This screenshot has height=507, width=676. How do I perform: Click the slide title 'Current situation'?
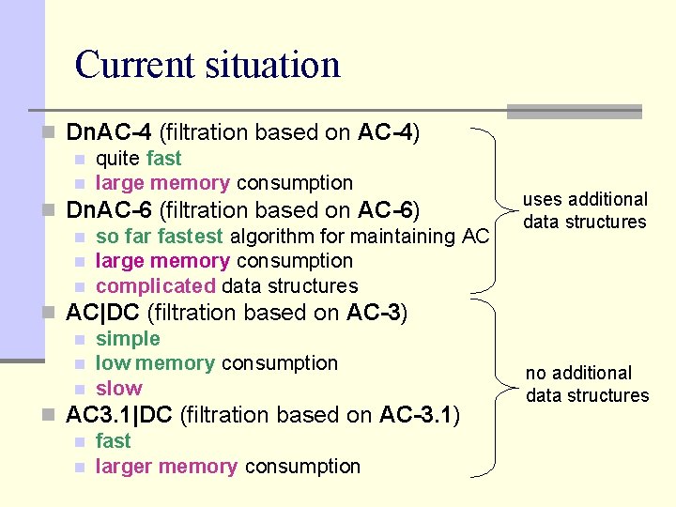tap(207, 65)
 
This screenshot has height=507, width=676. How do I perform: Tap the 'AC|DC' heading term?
tap(104, 313)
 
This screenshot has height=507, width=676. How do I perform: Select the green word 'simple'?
tap(128, 338)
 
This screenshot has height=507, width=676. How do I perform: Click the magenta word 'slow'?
tap(119, 388)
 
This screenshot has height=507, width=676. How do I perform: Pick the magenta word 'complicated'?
tap(156, 285)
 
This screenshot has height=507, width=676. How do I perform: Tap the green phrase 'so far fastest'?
tap(160, 236)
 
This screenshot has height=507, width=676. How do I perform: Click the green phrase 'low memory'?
tap(156, 363)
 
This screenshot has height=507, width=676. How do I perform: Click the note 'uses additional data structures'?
tap(585, 210)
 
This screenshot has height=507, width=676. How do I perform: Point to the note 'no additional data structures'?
tap(587, 384)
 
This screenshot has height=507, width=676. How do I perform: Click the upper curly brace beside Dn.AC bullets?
tap(499, 208)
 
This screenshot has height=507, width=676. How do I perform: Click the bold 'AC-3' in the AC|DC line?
tap(374, 313)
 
